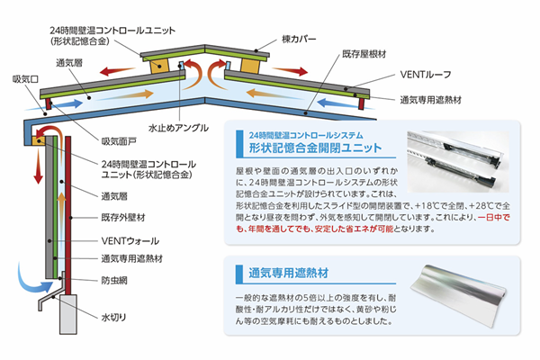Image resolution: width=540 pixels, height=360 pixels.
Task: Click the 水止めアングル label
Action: (x=176, y=127)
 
